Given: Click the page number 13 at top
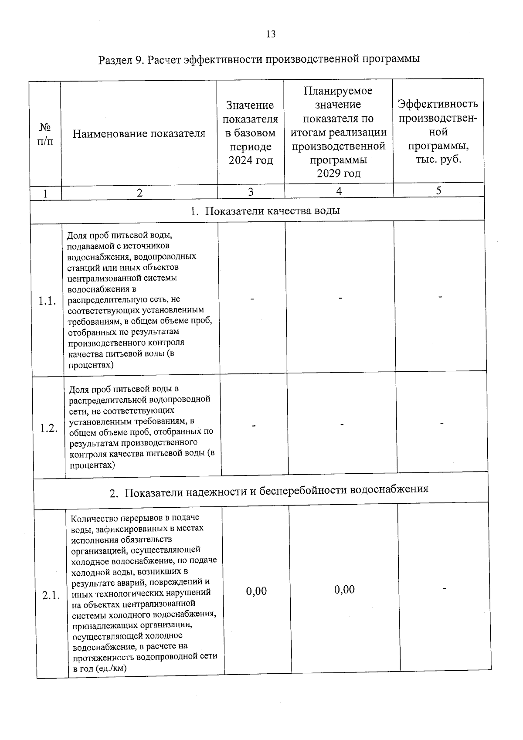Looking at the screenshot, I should [x=270, y=34].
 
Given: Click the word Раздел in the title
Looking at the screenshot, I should [x=115, y=60].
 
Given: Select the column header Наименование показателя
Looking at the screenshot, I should [x=139, y=133].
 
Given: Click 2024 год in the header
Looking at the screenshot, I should [x=251, y=160].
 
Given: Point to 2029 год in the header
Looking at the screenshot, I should [x=339, y=173].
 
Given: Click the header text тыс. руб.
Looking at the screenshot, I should [x=438, y=160].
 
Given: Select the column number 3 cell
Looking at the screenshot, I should [x=251, y=192].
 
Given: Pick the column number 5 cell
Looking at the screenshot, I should [x=438, y=190].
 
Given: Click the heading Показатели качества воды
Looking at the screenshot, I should [x=265, y=211].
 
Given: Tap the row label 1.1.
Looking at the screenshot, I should [x=47, y=301].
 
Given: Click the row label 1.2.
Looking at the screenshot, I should [x=49, y=428].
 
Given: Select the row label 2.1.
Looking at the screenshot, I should [x=51, y=596].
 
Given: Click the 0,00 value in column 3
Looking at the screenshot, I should [x=256, y=591].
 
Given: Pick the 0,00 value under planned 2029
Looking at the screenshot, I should [x=344, y=590].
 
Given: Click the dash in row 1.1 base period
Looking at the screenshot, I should [x=251, y=299].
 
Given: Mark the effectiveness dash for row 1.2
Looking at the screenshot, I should [x=442, y=423].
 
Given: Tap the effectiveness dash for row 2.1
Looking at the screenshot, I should [x=445, y=589].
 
